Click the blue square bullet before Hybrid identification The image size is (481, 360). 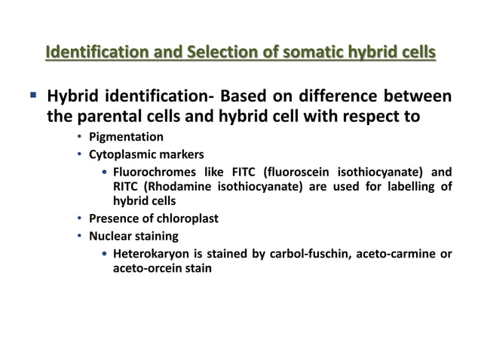(x=34, y=96)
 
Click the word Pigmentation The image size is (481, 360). (x=126, y=137)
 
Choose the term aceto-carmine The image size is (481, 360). (x=385, y=253)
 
